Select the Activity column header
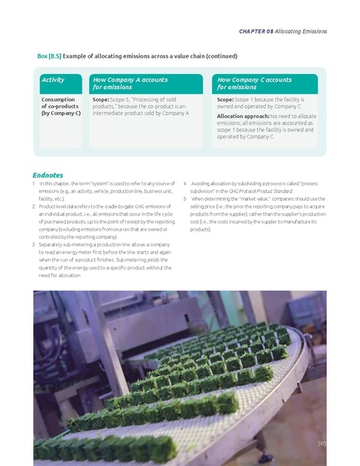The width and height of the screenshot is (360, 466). click(x=54, y=79)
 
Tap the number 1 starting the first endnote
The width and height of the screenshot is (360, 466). click(x=34, y=183)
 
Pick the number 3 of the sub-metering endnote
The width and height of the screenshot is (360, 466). click(x=34, y=245)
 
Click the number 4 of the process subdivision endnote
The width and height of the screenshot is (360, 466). click(x=184, y=183)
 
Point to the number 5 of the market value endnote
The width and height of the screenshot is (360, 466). click(x=184, y=198)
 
